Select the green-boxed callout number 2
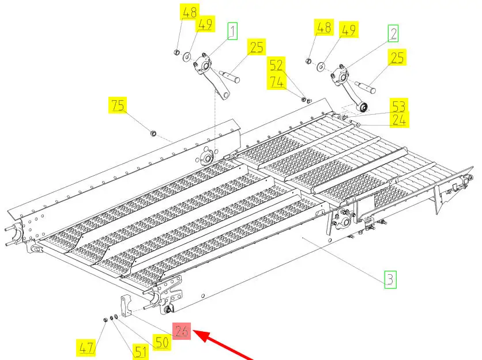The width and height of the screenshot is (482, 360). coord(393,33)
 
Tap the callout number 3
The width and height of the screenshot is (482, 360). coord(390,281)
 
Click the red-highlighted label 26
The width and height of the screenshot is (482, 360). coord(182,331)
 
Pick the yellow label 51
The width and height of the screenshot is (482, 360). coord(140,352)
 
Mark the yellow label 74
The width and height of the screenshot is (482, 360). coord(276,82)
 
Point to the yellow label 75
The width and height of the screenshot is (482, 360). coord(118,105)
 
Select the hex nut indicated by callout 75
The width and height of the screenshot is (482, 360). coord(152,134)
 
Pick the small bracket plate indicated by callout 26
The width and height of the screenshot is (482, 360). coord(126,305)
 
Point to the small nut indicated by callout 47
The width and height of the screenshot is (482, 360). coord(104,319)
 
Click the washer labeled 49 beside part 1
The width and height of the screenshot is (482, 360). coord(187,56)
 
